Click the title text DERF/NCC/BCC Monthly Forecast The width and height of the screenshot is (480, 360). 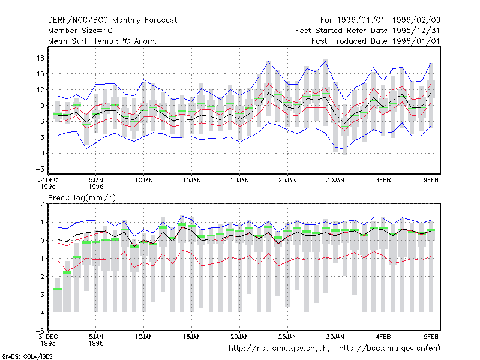click(112, 20)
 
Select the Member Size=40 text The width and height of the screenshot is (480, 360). click(80, 31)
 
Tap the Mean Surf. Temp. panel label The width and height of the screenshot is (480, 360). click(102, 41)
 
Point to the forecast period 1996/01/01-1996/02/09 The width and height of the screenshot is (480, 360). click(388, 20)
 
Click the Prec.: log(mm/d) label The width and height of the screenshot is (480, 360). click(82, 198)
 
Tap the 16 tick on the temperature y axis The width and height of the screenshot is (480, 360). click(41, 58)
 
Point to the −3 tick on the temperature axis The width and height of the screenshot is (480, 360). click(40, 169)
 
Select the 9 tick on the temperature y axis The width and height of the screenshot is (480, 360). click(42, 106)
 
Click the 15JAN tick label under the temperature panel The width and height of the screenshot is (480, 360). click(191, 181)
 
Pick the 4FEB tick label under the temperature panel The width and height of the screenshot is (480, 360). click(383, 181)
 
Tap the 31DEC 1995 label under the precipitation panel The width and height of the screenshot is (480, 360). click(48, 340)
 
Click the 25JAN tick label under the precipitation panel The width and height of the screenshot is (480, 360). click(287, 337)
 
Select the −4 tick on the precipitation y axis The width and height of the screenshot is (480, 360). click(40, 313)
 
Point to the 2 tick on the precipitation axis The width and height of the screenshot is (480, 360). click(42, 204)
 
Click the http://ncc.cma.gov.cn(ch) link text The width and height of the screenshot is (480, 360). click(279, 349)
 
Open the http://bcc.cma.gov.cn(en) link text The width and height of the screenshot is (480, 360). click(389, 349)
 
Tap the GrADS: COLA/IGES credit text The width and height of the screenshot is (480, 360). click(27, 356)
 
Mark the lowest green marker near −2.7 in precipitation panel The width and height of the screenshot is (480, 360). click(58, 289)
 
